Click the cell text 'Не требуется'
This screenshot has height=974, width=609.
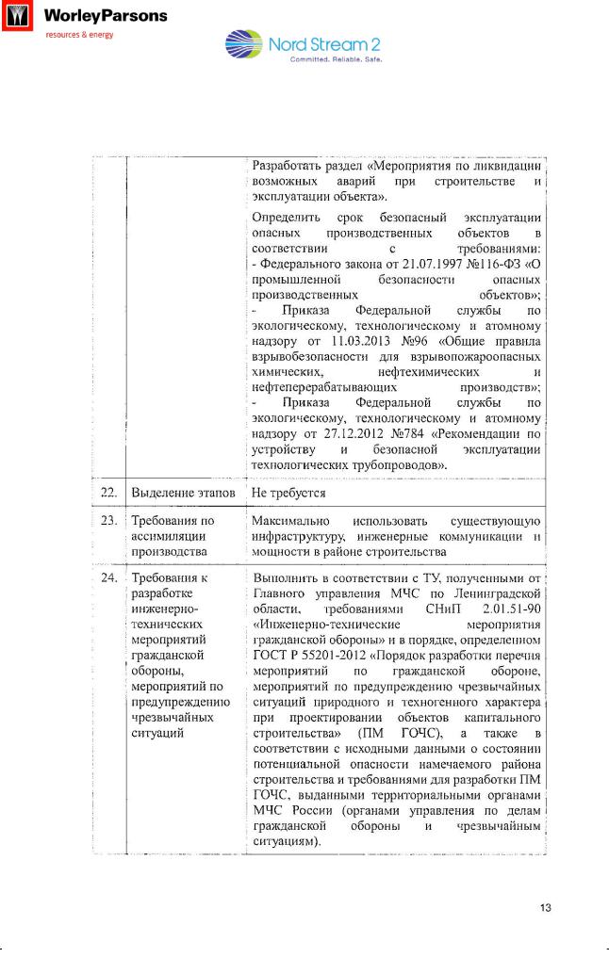(288, 493)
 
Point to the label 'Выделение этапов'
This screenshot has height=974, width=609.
(183, 493)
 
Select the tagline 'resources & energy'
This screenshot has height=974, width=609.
(79, 35)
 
